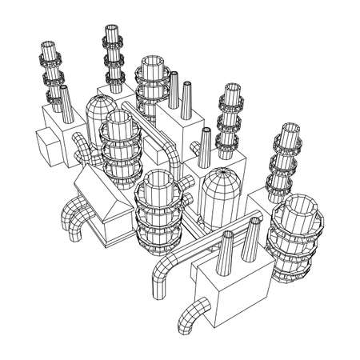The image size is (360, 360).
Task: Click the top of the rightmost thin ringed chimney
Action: [289, 129]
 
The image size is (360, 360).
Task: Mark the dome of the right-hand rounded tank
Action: [221, 184]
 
